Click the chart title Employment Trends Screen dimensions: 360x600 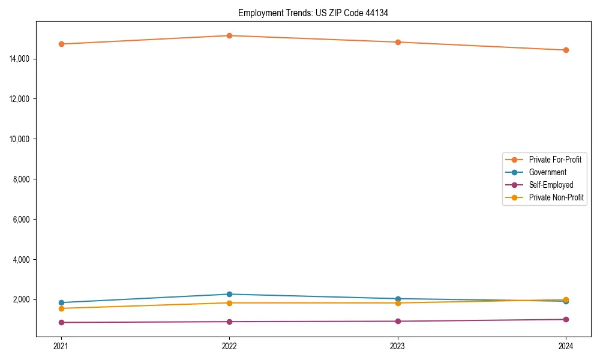coord(313,13)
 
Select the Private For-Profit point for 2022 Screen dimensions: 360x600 coord(229,35)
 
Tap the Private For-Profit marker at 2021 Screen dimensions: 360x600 coord(61,44)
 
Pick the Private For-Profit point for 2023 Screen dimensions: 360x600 coord(398,42)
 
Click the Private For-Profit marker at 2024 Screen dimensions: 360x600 coord(566,50)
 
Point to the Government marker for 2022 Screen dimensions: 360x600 coord(229,294)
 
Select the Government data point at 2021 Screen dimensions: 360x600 coord(61,302)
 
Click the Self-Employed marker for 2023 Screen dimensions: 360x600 coord(398,321)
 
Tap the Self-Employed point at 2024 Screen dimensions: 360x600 coord(566,319)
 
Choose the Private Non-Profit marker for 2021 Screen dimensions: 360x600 coord(61,308)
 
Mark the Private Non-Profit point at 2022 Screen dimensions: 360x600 coord(229,303)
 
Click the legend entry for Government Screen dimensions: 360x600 coord(547,172)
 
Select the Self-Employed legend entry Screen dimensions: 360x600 coord(551,185)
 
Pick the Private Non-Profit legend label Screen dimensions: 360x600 coord(556,197)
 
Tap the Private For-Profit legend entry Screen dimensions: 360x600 coord(555,160)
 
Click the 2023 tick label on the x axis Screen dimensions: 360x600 coord(398,346)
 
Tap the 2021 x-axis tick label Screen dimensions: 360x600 coord(61,346)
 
